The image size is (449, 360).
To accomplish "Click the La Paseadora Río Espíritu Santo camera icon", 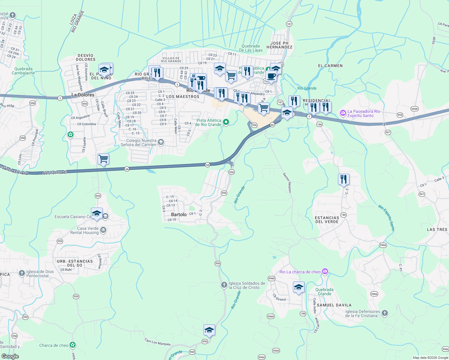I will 343,113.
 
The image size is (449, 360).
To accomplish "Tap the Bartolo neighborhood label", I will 179,214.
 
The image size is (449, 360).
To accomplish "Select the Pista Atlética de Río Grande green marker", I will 226,122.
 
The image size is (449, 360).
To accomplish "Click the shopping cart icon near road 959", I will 103,158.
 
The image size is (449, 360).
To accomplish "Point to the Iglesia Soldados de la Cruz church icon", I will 224,285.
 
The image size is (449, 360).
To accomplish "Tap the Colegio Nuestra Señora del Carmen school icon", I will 161,142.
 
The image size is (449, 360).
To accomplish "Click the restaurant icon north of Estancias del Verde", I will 344,179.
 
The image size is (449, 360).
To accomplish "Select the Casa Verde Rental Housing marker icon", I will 103,230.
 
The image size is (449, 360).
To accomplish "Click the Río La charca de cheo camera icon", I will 325,271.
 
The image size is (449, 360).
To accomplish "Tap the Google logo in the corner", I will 10,356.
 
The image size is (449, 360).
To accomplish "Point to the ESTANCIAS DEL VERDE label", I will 327,220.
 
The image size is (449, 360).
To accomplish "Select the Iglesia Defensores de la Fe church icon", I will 385,313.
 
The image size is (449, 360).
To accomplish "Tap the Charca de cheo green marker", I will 73,345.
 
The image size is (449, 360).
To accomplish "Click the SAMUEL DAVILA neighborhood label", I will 334,305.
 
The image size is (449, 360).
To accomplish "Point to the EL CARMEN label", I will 330,65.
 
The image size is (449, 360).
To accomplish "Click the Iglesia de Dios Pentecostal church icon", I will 22,273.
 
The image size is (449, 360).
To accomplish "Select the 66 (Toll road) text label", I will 55,173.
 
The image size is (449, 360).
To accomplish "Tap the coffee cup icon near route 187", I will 271,76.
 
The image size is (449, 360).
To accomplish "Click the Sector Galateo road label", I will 287,182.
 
